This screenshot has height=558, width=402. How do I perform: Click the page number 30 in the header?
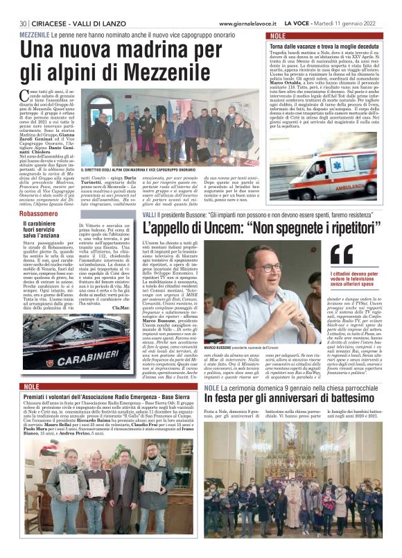point(24,22)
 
